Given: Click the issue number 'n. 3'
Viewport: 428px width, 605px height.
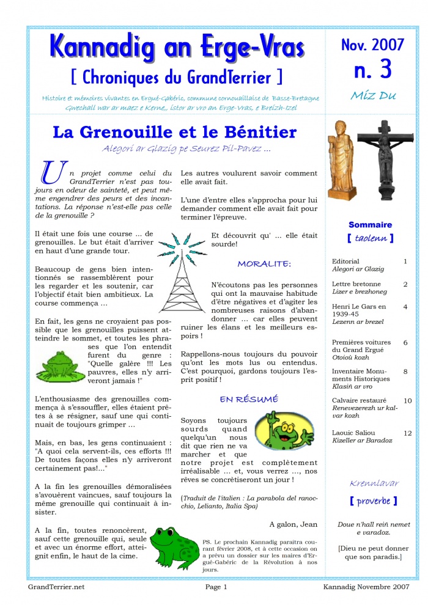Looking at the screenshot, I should pyautogui.click(x=372, y=69).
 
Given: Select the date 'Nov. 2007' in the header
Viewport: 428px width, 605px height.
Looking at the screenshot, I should pyautogui.click(x=372, y=44).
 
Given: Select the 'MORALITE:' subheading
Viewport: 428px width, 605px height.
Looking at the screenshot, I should pyautogui.click(x=264, y=264).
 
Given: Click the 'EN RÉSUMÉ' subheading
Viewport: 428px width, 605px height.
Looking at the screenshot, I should pyautogui.click(x=249, y=400).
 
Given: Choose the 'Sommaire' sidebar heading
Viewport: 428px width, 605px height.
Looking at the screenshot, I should pyautogui.click(x=371, y=225).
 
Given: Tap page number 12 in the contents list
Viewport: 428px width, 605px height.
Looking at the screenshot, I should pyautogui.click(x=407, y=433).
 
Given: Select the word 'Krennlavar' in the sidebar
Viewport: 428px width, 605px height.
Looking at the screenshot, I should pyautogui.click(x=374, y=483).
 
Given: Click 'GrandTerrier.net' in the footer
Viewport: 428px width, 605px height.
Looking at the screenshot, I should pyautogui.click(x=56, y=587).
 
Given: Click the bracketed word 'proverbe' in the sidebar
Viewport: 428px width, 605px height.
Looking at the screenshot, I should pyautogui.click(x=374, y=501).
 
